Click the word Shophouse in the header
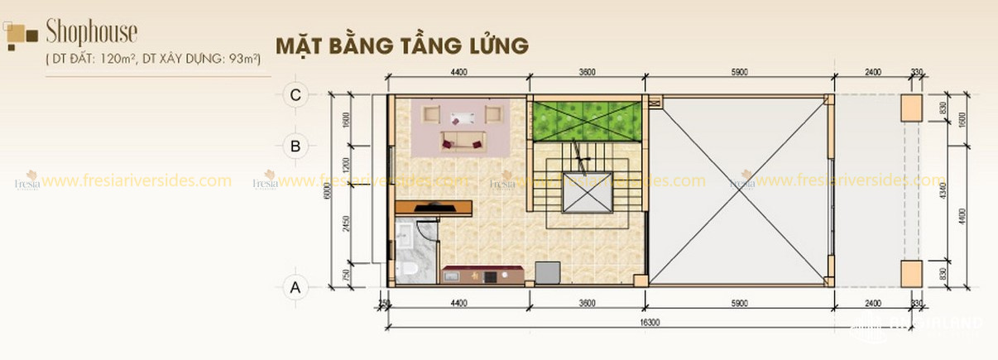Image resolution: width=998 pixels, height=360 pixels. (91, 32)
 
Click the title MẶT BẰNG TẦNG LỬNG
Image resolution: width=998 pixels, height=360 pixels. (401, 45)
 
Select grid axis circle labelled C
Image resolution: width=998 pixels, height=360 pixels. (295, 94)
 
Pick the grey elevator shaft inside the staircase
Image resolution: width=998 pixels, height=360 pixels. (586, 195)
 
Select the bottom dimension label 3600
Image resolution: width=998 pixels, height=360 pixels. (586, 304)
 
